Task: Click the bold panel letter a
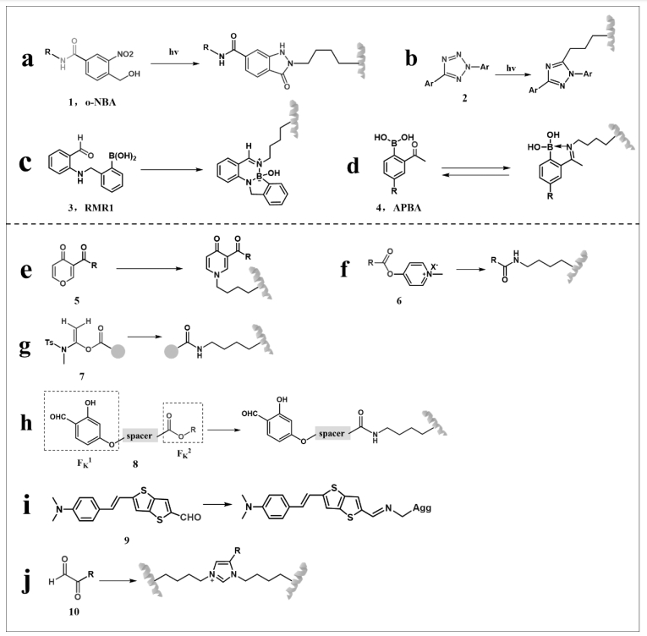(x=27, y=59)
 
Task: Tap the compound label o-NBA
(x=101, y=102)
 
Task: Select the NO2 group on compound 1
(x=125, y=54)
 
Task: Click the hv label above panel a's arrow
(x=173, y=52)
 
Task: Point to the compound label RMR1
(x=99, y=207)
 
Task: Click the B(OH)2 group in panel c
(x=123, y=156)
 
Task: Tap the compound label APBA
(x=407, y=207)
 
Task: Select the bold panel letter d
(x=353, y=166)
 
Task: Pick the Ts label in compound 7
(x=50, y=343)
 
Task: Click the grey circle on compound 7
(x=118, y=352)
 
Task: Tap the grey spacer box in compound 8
(x=140, y=436)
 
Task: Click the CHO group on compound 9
(x=190, y=517)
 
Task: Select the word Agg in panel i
(x=422, y=507)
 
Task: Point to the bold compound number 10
(x=74, y=611)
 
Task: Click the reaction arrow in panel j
(x=118, y=581)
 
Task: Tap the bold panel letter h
(x=26, y=423)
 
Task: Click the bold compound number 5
(x=77, y=300)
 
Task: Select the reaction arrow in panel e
(x=150, y=269)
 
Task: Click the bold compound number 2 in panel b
(x=464, y=98)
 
